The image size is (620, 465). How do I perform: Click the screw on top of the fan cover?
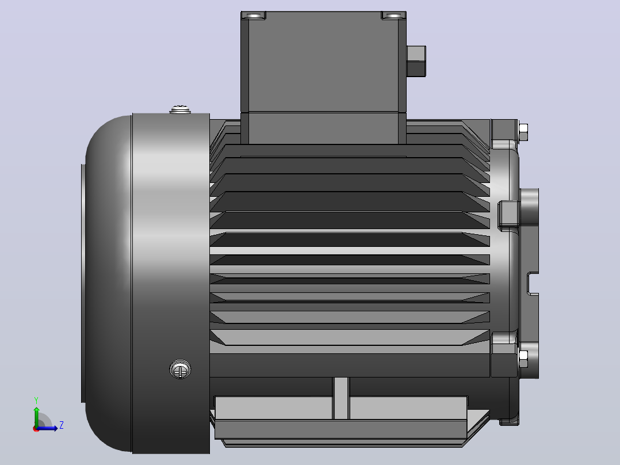181,109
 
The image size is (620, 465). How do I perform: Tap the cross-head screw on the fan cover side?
181,369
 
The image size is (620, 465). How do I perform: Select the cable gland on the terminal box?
416,61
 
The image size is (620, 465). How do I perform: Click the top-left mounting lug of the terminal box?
254,16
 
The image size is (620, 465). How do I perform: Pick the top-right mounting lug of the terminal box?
393,16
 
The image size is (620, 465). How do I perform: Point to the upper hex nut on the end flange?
523,132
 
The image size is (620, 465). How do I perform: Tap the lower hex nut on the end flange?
523,359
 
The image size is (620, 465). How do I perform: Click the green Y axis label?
36,400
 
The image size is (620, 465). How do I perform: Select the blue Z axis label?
62,425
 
